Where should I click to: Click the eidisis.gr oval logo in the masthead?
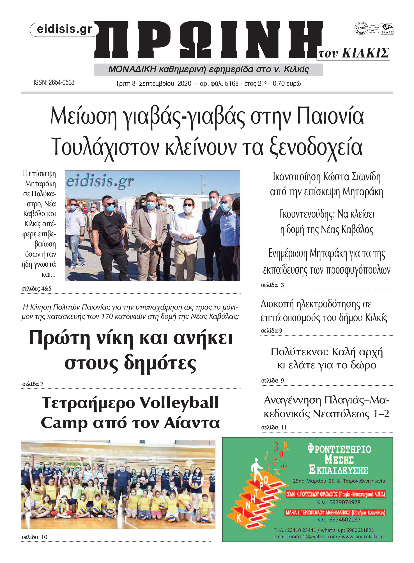pos(64,29)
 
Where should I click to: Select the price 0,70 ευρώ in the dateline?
pos(286,84)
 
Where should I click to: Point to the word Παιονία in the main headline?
pos(330,116)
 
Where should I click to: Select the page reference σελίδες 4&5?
pos(36,289)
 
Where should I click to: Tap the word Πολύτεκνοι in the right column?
pos(300,352)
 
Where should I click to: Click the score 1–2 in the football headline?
pos(381,414)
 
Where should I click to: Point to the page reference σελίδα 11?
pos(274,427)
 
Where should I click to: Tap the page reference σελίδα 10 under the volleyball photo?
pos(34,537)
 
